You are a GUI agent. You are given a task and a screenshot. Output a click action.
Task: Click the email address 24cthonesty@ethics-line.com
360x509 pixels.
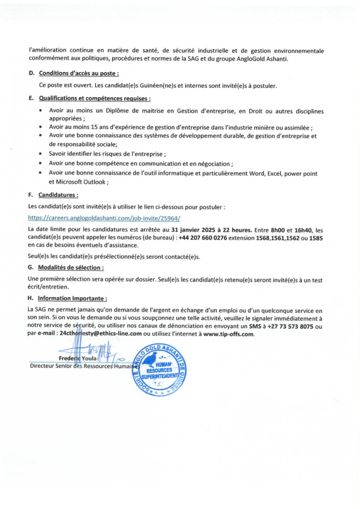coord(100,334)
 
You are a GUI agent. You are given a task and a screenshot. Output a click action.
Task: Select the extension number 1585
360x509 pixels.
coord(316,237)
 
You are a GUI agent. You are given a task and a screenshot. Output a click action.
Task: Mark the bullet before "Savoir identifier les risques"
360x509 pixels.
coord(41,154)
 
